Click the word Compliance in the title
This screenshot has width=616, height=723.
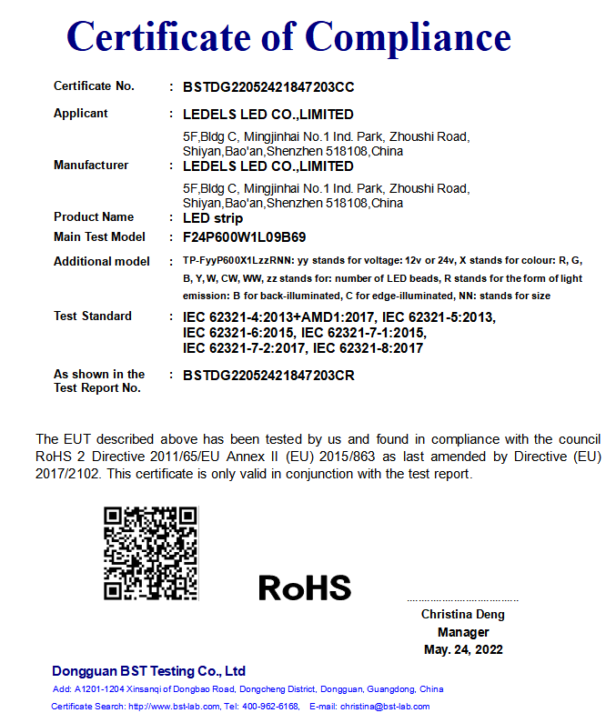[407, 36]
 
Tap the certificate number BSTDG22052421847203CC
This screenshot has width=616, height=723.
[268, 87]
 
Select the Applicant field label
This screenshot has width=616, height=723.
[81, 114]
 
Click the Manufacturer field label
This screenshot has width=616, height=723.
[91, 166]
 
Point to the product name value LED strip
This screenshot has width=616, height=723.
[213, 218]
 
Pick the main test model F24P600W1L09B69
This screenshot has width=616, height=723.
[245, 237]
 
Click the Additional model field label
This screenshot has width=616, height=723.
[102, 261]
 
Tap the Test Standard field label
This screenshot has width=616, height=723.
[93, 316]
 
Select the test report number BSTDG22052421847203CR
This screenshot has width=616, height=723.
[268, 375]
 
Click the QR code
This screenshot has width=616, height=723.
[151, 553]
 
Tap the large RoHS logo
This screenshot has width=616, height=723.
[305, 587]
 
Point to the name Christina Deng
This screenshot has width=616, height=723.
[462, 615]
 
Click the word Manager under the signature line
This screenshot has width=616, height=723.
[463, 632]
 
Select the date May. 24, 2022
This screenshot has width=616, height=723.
[463, 649]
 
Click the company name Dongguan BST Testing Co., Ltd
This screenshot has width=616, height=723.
[149, 671]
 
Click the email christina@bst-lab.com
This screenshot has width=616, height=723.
[385, 707]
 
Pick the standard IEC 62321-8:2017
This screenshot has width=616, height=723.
[368, 347]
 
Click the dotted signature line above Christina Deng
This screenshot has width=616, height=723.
[462, 600]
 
